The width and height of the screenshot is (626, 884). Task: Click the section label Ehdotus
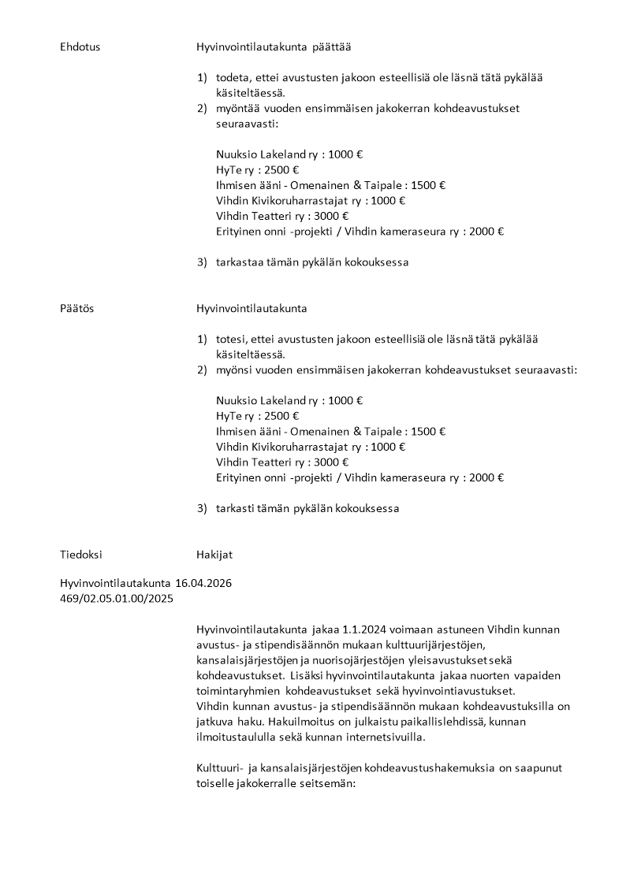tap(80, 47)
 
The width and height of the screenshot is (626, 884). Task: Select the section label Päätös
tap(76, 308)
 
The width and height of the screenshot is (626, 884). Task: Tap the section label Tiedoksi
tap(80, 555)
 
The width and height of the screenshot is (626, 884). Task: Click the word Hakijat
tap(214, 555)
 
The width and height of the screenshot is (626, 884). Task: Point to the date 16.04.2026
tap(203, 583)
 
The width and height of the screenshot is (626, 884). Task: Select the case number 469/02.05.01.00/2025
tap(117, 598)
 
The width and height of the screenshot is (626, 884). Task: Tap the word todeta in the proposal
tap(233, 78)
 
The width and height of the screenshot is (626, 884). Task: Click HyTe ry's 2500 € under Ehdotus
tap(284, 170)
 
